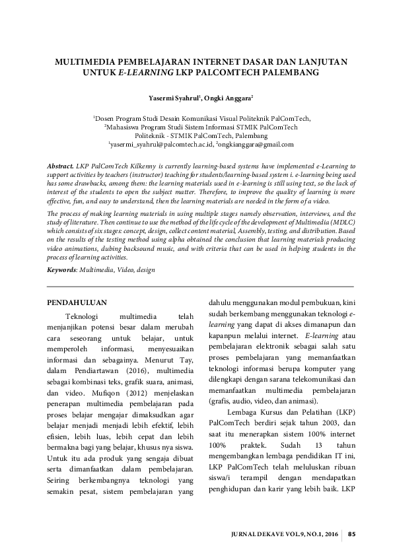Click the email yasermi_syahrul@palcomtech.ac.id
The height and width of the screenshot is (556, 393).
(x=161, y=144)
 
